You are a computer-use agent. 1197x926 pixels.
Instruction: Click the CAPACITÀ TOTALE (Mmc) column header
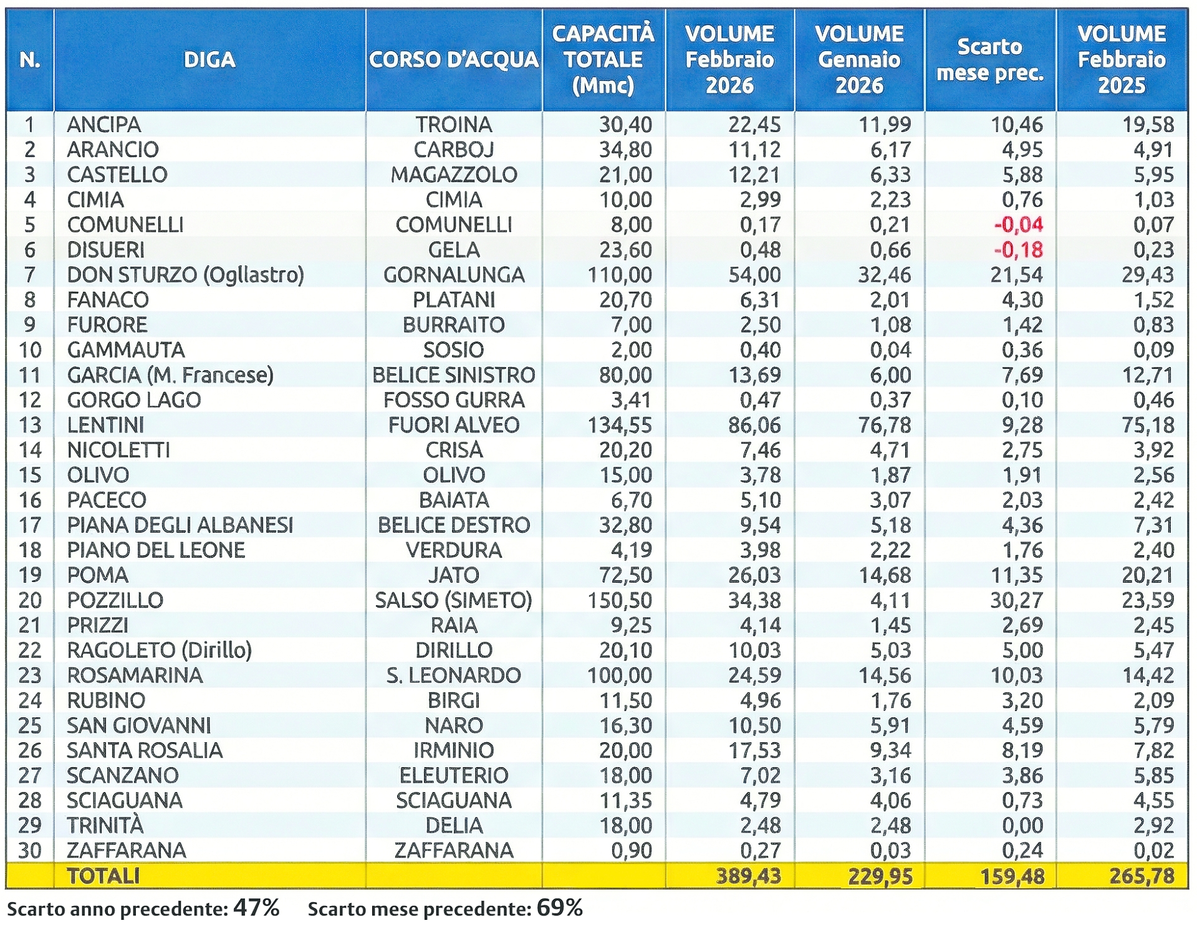coord(603,59)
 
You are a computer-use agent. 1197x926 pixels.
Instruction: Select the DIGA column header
coord(209,60)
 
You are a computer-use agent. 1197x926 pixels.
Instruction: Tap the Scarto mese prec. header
coord(990,60)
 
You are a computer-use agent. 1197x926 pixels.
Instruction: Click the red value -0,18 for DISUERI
coord(1018,250)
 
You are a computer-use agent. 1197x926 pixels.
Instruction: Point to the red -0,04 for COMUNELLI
coord(1018,224)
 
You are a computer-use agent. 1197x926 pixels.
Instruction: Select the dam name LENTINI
coord(105,425)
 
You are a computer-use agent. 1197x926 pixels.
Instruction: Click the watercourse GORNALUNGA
coord(454,275)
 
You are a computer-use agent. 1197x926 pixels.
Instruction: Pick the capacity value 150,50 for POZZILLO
coord(620,600)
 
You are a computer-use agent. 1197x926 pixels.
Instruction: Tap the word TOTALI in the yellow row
coord(103,876)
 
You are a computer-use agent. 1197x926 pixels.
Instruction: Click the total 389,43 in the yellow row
coord(748,876)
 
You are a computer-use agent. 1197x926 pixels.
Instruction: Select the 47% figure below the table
coord(256,908)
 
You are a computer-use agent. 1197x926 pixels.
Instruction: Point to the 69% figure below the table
coord(559,908)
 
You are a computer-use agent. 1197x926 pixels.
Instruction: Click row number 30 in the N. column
coord(30,850)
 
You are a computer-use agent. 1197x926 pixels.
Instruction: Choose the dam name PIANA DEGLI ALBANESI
coord(180,525)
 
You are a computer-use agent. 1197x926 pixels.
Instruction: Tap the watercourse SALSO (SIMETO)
coord(453,600)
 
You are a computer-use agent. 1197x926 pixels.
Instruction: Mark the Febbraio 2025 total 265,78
coord(1142,876)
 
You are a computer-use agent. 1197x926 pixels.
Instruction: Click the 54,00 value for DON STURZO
coord(754,275)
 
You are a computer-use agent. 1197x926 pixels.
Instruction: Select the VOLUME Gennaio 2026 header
coord(859,59)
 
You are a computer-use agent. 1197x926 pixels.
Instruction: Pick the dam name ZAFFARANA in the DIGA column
coord(127,850)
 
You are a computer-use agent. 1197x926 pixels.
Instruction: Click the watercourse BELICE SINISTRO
coord(453,375)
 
